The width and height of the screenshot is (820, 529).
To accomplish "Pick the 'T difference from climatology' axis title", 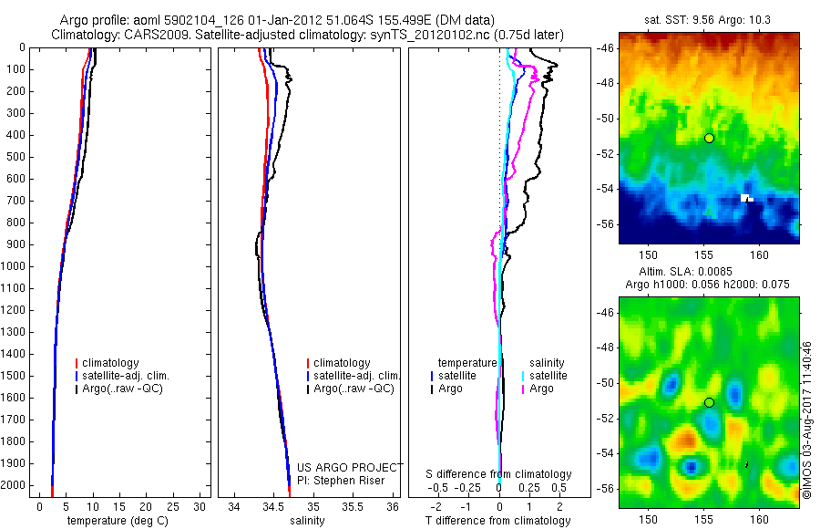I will [x=498, y=521].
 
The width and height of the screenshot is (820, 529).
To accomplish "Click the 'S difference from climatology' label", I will [x=498, y=474].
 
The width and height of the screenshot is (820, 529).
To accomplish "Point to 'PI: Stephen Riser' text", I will [x=342, y=481].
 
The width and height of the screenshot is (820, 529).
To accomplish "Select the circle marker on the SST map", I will [x=709, y=138].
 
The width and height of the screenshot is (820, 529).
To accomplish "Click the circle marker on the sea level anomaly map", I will [x=709, y=402].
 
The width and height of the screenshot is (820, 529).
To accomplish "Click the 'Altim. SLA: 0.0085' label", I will [x=708, y=272].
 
